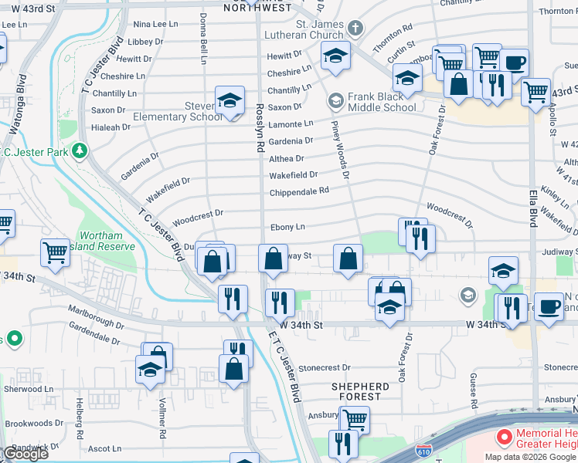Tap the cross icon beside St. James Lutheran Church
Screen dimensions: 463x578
point(355,29)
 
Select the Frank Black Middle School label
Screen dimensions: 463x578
point(382,102)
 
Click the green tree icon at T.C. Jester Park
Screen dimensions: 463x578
point(78,149)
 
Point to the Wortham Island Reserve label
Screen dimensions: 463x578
point(107,241)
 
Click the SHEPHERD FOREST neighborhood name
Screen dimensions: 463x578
point(360,391)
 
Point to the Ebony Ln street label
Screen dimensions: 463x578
point(287,227)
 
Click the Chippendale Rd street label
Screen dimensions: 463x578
point(299,191)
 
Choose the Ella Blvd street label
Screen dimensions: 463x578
point(533,208)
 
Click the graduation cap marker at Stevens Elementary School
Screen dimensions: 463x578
point(229,100)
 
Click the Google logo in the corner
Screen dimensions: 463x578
point(25,454)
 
